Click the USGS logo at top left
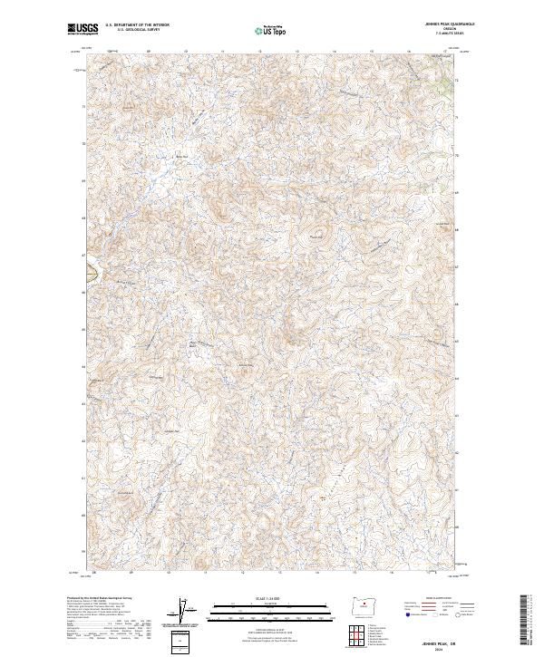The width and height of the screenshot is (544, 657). pyautogui.click(x=83, y=29)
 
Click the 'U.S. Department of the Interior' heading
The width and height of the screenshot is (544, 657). pyautogui.click(x=137, y=25)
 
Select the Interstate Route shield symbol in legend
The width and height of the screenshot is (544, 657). pyautogui.click(x=407, y=614)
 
